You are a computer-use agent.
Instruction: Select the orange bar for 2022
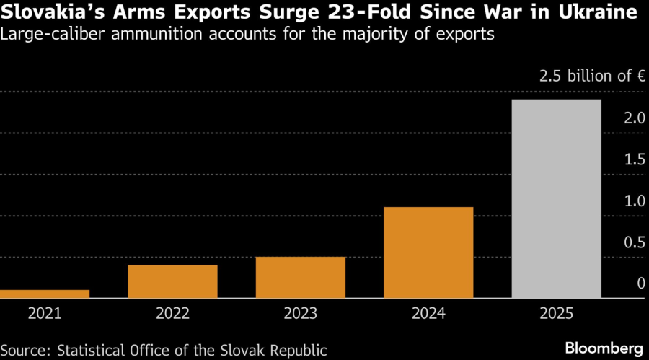[172, 281]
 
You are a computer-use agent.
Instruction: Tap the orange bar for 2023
[301, 277]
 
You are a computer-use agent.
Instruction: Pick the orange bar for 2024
[428, 253]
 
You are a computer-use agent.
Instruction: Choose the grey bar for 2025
[556, 198]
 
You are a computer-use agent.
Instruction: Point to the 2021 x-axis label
[45, 314]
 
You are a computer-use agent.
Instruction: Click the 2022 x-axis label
[172, 314]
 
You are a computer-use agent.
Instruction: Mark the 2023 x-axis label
[301, 314]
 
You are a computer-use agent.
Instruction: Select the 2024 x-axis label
[428, 314]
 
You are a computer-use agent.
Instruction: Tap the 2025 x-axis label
[556, 314]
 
